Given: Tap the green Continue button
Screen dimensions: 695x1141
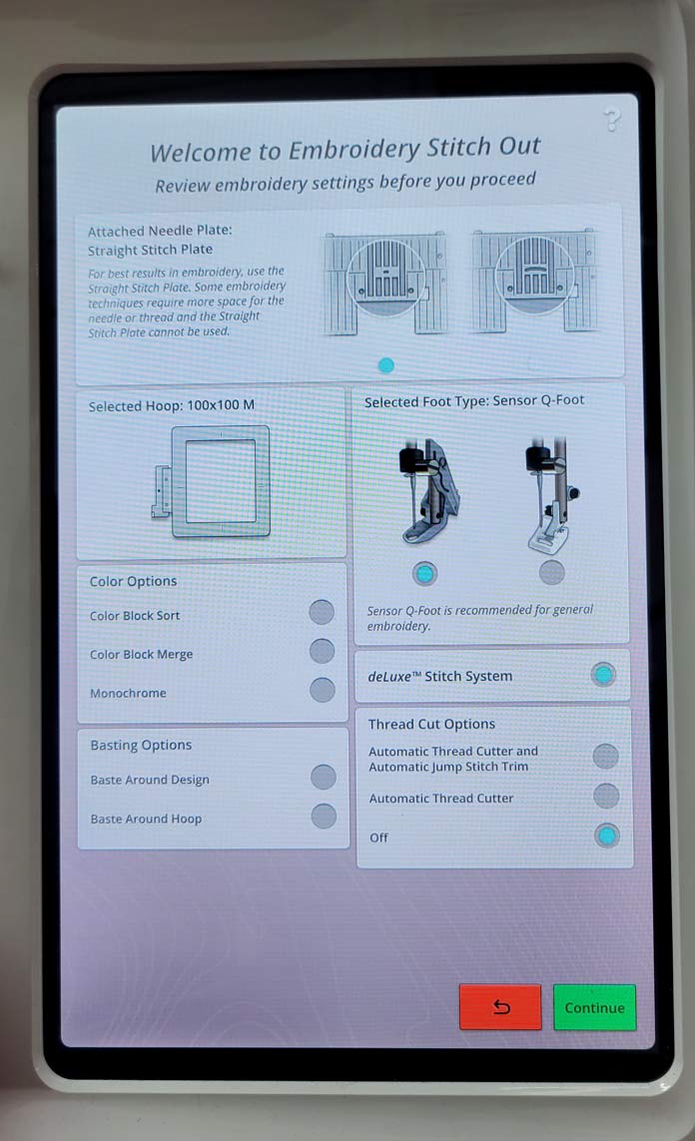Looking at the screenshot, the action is point(594,1007).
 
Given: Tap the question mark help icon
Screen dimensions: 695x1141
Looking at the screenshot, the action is point(612,120).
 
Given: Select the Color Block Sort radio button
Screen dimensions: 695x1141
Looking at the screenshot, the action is point(322,612).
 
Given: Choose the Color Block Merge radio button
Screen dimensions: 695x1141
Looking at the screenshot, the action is point(322,651).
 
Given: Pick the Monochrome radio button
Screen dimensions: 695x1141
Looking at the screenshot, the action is point(322,690).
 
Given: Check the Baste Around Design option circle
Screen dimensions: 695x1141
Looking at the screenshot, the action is point(324,778).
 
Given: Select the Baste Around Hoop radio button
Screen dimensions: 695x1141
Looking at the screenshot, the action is point(324,816).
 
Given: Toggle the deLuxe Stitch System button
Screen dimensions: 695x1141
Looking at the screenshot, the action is point(603,675).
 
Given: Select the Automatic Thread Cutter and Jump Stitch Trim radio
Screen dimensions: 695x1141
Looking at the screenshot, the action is point(605,756).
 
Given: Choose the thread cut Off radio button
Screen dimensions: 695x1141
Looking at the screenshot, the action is point(607,836).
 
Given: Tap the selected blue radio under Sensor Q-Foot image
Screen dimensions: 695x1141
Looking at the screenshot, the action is point(425,574).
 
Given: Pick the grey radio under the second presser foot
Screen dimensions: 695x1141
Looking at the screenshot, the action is point(551,573).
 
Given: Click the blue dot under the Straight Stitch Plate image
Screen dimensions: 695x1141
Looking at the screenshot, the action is point(386,365).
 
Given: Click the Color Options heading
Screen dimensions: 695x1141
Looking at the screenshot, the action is point(133,581).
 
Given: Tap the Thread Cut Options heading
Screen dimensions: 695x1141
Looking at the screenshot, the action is point(431,724).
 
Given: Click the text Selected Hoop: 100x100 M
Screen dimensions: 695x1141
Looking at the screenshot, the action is point(172,405).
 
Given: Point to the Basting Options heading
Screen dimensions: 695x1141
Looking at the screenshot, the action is point(141,745).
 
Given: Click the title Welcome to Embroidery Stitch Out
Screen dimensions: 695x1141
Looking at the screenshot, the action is point(345,149).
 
